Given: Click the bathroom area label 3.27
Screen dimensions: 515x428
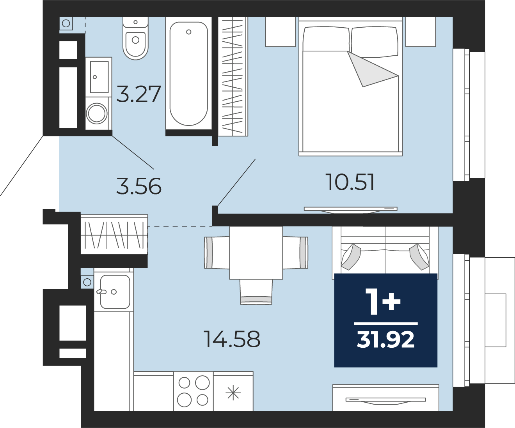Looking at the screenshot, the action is pos(139,94).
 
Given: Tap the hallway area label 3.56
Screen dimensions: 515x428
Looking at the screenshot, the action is pos(139,186).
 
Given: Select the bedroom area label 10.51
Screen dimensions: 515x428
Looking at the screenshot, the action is pos(350,182).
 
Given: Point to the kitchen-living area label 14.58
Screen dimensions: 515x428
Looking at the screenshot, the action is pos(232,339).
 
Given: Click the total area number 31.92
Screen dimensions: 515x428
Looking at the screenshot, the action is pos(385,340).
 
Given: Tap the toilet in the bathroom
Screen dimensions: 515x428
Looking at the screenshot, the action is pos(135,38).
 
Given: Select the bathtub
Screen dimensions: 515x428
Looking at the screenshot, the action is pos(189,73).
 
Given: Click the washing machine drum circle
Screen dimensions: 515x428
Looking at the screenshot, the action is pos(97,113).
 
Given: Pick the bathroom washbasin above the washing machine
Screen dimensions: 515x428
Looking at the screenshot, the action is pos(99,77).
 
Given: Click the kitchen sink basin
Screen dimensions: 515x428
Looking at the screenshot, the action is pos(115,292).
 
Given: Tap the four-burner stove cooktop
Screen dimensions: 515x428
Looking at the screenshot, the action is pos(194,391).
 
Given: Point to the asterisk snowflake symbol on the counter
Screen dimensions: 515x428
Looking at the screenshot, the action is pos(233,393).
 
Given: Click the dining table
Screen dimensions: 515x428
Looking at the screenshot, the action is pos(256,253).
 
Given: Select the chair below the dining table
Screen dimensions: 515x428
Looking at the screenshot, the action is pos(256,292).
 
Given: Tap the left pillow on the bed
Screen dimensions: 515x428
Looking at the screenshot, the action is pos(326,39).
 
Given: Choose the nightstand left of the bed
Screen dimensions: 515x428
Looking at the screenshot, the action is pos(281,32).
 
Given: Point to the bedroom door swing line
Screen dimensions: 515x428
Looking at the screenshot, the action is pos(236,182).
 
